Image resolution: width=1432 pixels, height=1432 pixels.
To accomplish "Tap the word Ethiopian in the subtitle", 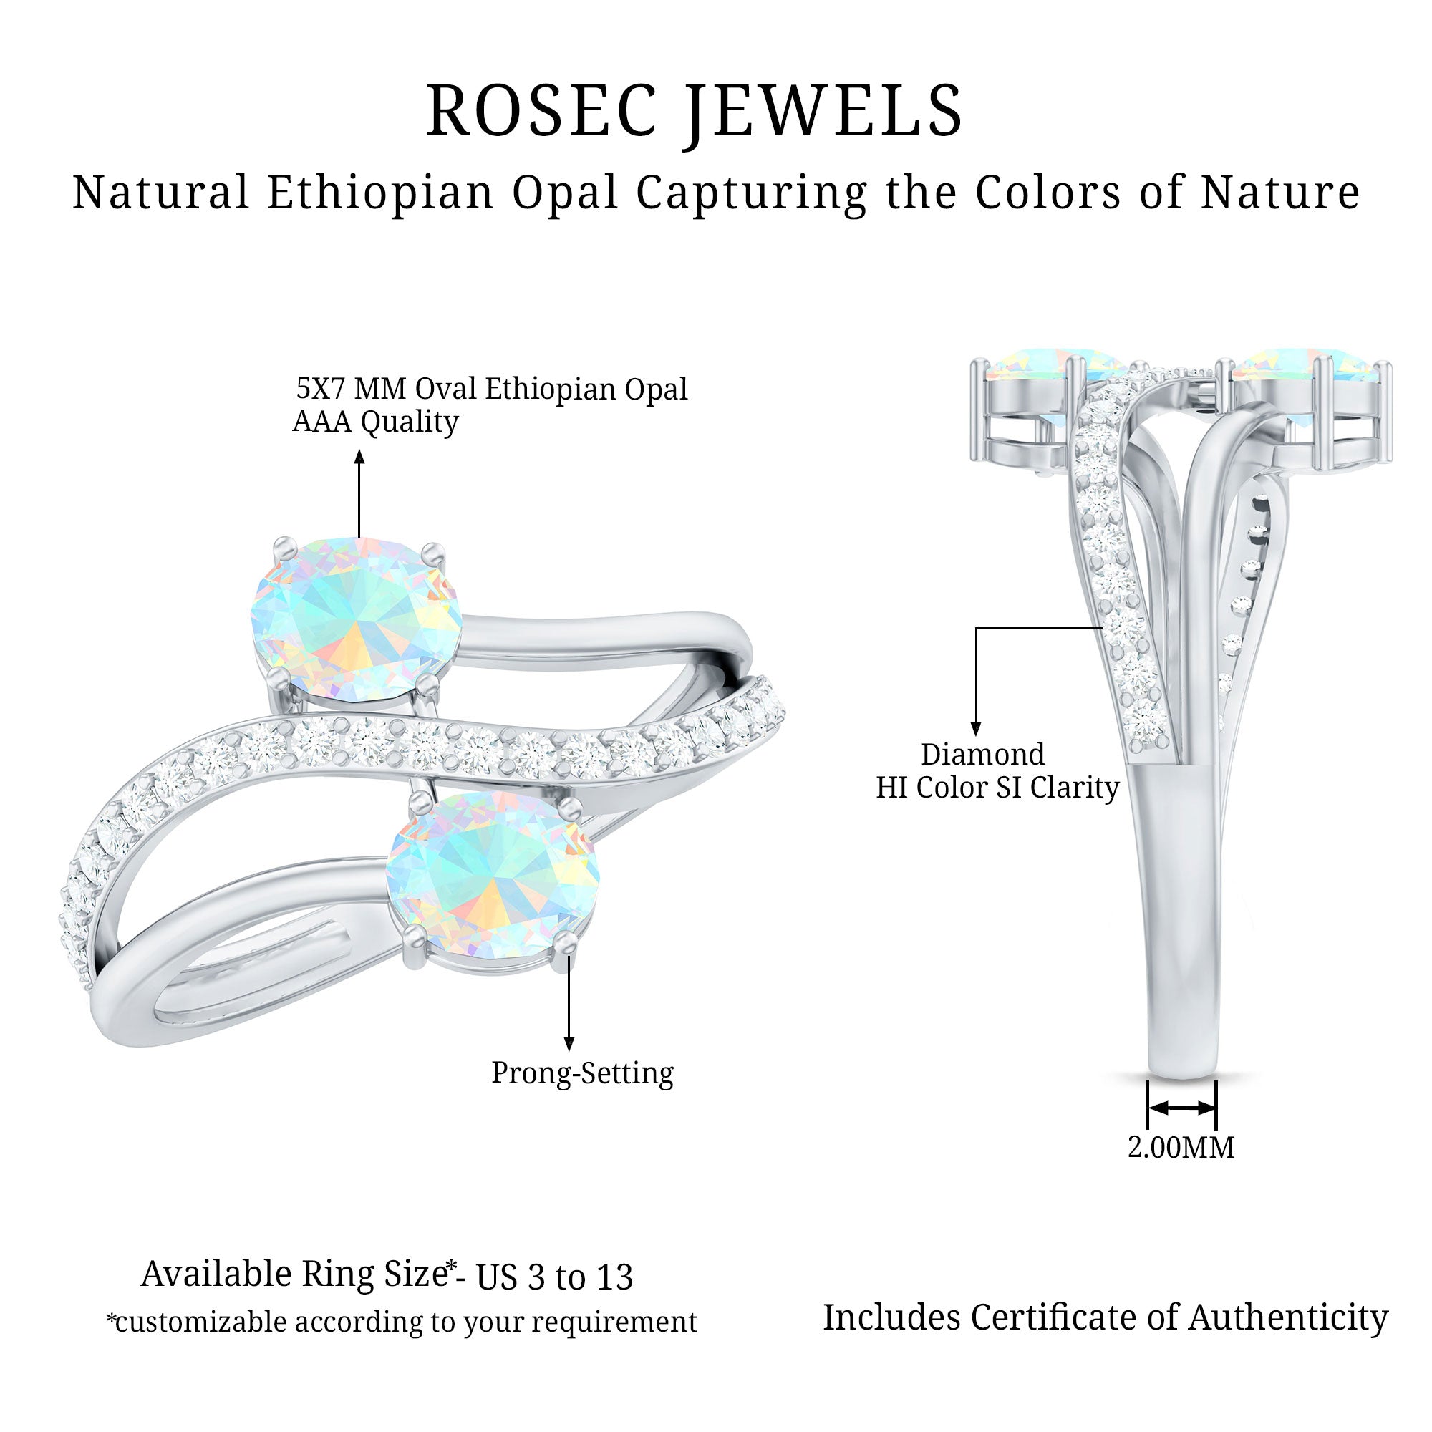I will [380, 193].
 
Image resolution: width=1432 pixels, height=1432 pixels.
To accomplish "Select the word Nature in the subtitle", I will [1280, 193].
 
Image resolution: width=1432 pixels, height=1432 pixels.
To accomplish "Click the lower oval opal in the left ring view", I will [493, 875].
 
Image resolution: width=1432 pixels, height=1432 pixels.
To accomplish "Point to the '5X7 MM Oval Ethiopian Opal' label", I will [491, 388].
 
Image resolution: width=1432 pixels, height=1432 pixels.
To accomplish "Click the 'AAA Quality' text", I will [376, 422].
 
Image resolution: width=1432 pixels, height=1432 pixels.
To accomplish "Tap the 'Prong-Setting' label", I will [583, 1073].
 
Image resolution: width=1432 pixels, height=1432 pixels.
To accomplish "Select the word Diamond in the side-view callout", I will [983, 755].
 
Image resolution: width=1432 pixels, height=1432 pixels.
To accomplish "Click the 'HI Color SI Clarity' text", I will [997, 787].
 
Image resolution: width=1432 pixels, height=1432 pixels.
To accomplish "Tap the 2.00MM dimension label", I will [1181, 1147].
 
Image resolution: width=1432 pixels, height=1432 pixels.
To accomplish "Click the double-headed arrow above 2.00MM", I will [1181, 1108].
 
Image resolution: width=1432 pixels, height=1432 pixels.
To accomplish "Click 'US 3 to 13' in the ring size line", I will [554, 1278].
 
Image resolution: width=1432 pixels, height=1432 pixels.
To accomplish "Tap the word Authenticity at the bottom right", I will [1288, 1318].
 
